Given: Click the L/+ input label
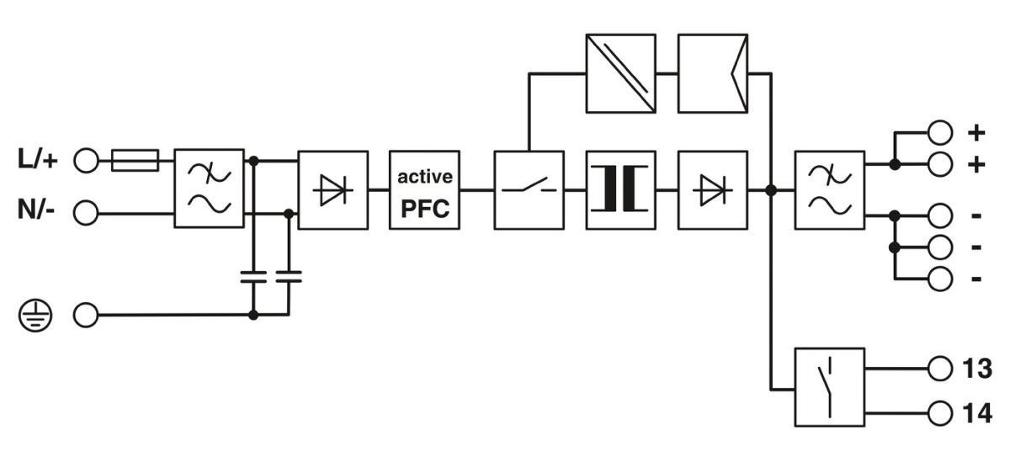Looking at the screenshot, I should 37,160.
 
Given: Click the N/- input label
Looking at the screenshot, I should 37,211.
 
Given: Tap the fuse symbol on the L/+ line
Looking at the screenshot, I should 135,160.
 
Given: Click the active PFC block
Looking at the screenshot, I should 425,189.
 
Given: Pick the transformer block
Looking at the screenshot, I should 620,190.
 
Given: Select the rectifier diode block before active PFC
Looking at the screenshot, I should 333,189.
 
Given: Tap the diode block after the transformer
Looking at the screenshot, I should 712,190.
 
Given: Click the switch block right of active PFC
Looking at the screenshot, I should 529,190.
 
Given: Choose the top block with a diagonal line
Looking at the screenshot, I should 620,73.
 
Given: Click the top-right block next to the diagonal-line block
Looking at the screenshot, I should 712,73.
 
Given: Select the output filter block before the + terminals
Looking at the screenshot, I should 829,190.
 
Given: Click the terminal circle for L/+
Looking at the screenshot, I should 86,160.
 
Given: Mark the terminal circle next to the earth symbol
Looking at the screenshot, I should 86,316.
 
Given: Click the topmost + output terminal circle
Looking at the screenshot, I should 938,132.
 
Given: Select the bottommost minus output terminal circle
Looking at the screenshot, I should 938,278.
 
